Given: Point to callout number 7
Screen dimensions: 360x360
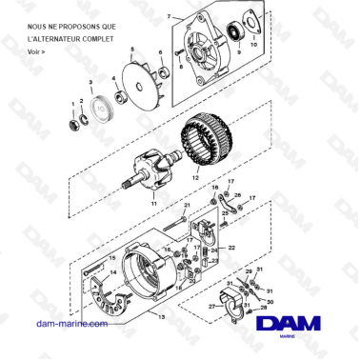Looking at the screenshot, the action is pos(170,16).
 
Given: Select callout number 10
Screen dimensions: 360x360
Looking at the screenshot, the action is pos(253,45).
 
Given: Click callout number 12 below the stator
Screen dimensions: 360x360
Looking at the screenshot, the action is pos(193,177).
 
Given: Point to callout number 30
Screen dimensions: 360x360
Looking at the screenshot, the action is pos(270,302).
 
